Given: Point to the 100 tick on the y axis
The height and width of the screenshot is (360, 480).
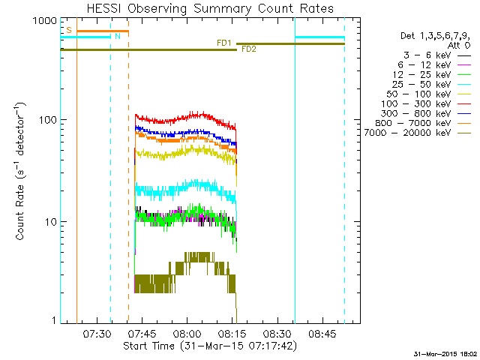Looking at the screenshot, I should tap(48, 120).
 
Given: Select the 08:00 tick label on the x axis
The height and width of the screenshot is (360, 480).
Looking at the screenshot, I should tap(187, 334).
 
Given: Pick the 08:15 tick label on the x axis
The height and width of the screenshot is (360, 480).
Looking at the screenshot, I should tap(232, 334).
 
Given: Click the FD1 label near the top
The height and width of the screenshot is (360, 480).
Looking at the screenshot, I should tap(223, 43).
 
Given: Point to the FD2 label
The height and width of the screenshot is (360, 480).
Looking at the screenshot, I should tap(248, 50).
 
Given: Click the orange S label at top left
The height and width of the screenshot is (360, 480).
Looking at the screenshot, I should tap(68, 30).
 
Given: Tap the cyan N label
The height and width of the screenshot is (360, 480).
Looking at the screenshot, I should tap(116, 36).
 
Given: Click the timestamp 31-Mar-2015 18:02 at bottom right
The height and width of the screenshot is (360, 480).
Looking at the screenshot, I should tap(445, 353).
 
